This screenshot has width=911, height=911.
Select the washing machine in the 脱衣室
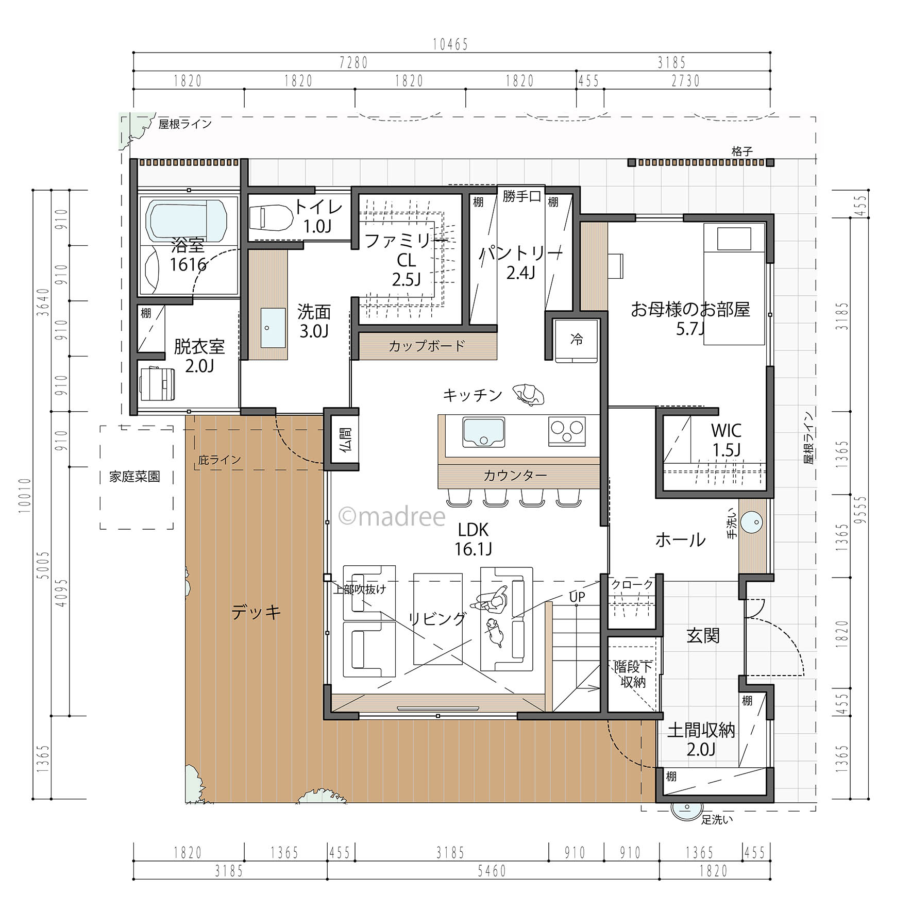pos(157,383)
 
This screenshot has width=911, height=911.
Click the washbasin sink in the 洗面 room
pos(273,328)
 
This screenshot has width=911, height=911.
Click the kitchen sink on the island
pos(483,432)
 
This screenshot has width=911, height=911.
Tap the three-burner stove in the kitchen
pos(567,431)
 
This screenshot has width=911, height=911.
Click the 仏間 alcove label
pos(346,438)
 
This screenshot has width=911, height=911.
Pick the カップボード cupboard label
pos(427,346)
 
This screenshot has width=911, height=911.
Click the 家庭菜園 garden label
pos(134,477)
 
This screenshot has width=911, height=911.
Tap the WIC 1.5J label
pos(726,440)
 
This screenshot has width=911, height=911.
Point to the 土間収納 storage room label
pos(701,739)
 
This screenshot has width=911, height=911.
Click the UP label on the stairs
pos(577,597)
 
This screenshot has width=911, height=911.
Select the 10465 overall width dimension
pos(450,45)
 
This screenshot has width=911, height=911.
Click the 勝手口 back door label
pos(521,196)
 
